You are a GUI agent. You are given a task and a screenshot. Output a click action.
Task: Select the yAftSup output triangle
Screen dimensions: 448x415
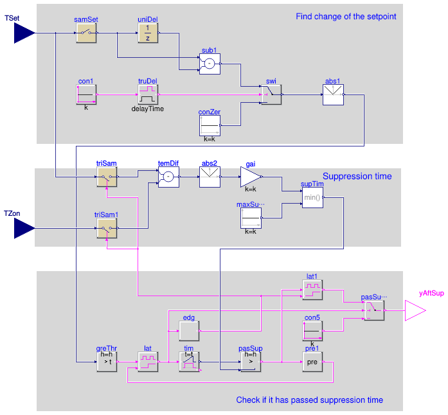[415, 310]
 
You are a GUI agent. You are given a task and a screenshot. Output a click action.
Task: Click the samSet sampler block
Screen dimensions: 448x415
[86, 33]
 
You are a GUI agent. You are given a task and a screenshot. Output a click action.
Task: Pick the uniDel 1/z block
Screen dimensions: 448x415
[148, 33]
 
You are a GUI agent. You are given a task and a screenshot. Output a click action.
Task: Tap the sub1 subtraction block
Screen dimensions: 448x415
[210, 64]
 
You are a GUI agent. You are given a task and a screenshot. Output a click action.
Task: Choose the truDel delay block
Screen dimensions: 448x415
[148, 94]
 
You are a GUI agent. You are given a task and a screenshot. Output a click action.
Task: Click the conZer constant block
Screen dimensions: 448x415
[210, 125]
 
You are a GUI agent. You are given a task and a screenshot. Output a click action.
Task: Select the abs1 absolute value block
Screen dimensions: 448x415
[333, 94]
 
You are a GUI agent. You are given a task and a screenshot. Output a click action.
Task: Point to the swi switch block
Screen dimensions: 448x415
[271, 94]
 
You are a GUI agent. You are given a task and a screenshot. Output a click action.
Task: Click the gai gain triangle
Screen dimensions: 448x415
[251, 177]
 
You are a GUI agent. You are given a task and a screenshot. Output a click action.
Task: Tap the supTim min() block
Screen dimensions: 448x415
[312, 197]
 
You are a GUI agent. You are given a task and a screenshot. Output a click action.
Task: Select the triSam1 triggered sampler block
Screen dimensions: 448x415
[107, 228]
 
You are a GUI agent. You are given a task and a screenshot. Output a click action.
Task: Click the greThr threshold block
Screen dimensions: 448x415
[107, 362]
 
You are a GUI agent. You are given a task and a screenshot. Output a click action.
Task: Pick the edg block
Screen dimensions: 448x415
[189, 331]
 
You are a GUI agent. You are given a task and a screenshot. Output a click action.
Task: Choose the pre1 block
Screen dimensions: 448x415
[312, 362]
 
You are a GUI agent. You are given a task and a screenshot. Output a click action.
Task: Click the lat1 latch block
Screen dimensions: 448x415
[312, 290]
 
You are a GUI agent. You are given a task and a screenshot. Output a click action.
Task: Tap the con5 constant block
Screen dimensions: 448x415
[312, 331]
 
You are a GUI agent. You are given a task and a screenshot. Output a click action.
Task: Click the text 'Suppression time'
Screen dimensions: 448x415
[357, 176]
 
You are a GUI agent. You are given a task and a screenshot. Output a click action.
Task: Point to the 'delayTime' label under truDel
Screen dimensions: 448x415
[148, 109]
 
